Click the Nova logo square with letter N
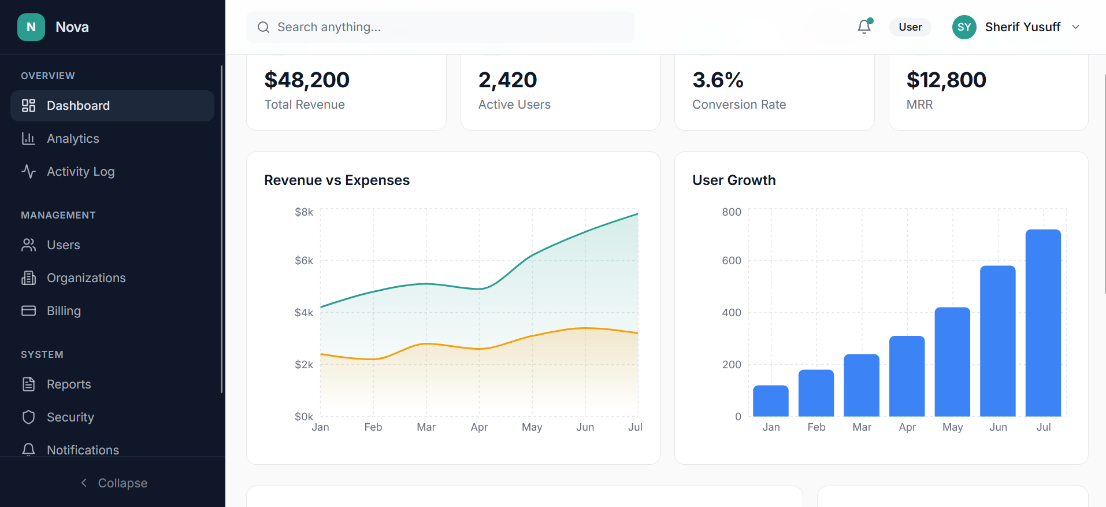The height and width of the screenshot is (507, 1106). (31, 27)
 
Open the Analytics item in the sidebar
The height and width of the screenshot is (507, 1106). (73, 139)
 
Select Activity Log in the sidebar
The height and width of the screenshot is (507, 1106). (80, 172)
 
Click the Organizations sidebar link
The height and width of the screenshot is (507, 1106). (86, 278)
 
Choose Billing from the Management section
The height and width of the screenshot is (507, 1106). (64, 311)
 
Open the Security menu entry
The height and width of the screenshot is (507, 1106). (70, 417)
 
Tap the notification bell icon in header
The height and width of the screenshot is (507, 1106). (864, 27)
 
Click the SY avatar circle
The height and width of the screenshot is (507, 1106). (964, 27)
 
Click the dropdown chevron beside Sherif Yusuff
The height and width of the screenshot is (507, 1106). (1075, 27)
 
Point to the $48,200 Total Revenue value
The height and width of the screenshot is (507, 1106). (307, 80)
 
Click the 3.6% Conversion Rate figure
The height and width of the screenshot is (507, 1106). (718, 80)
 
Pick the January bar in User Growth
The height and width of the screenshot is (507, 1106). (770, 401)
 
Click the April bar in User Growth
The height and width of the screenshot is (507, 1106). (907, 376)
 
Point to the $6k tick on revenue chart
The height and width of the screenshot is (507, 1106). (304, 261)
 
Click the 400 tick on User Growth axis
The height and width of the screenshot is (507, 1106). (731, 313)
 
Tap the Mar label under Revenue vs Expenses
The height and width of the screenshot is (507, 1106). (426, 427)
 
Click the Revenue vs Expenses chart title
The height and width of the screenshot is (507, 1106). (337, 180)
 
